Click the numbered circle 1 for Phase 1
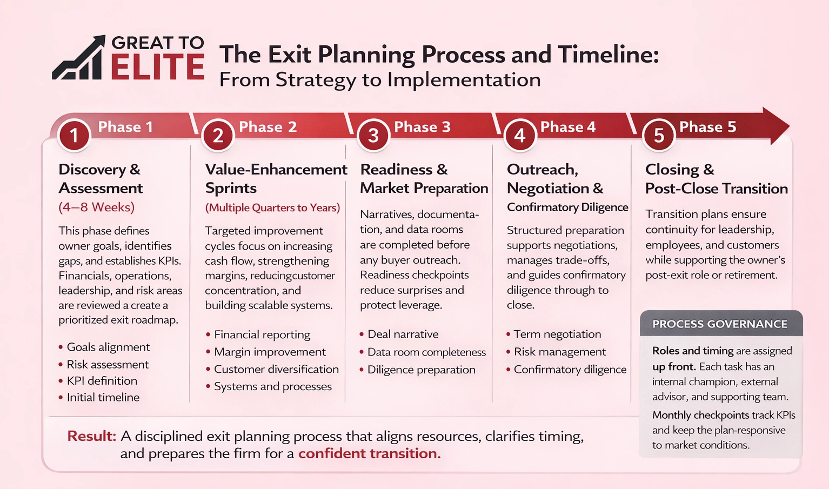point(74,135)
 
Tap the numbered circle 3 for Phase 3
point(373,135)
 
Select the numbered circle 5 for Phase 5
point(659,135)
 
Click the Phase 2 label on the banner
point(268,127)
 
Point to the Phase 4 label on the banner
point(567,127)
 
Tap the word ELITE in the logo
point(157,68)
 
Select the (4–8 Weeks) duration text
point(96,207)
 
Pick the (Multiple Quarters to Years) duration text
point(272,207)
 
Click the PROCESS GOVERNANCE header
point(719,324)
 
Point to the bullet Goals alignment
point(108,347)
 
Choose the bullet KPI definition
point(102,380)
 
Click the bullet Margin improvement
point(270,352)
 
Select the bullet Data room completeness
point(426,352)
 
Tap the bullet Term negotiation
point(557,334)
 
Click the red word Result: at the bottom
point(91,436)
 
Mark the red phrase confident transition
point(369,453)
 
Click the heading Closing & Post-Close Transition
point(716,179)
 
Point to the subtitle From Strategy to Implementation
point(379,80)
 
